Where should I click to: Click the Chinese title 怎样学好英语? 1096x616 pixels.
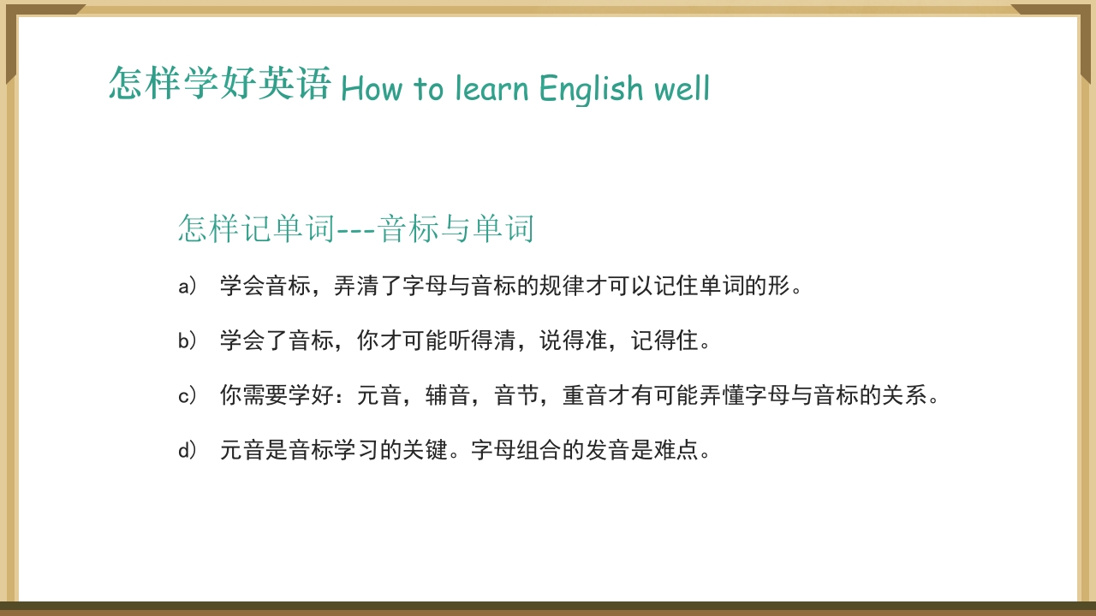[x=220, y=84]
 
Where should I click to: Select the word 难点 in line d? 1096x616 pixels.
[x=677, y=451]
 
